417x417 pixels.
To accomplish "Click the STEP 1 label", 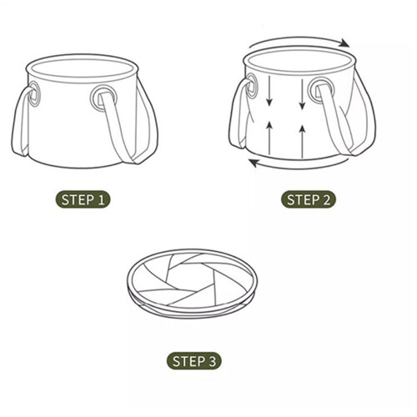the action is [x=83, y=199].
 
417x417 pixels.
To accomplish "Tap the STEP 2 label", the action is [x=309, y=199].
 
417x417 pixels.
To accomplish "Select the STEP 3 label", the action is [x=194, y=361].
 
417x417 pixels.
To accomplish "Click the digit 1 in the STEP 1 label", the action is [x=101, y=199].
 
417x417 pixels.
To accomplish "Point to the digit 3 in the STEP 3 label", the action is [x=212, y=361].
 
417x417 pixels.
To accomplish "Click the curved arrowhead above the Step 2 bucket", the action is [x=345, y=43].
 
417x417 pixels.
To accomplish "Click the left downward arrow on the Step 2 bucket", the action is [x=269, y=91].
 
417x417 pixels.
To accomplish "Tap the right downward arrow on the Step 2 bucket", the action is [x=303, y=94].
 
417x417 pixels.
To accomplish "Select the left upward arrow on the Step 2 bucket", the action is [x=269, y=138].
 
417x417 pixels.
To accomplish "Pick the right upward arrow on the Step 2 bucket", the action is [x=303, y=142].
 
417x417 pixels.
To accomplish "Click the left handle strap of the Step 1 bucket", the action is [x=21, y=123].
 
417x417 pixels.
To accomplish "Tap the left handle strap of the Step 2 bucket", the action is [x=239, y=114].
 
